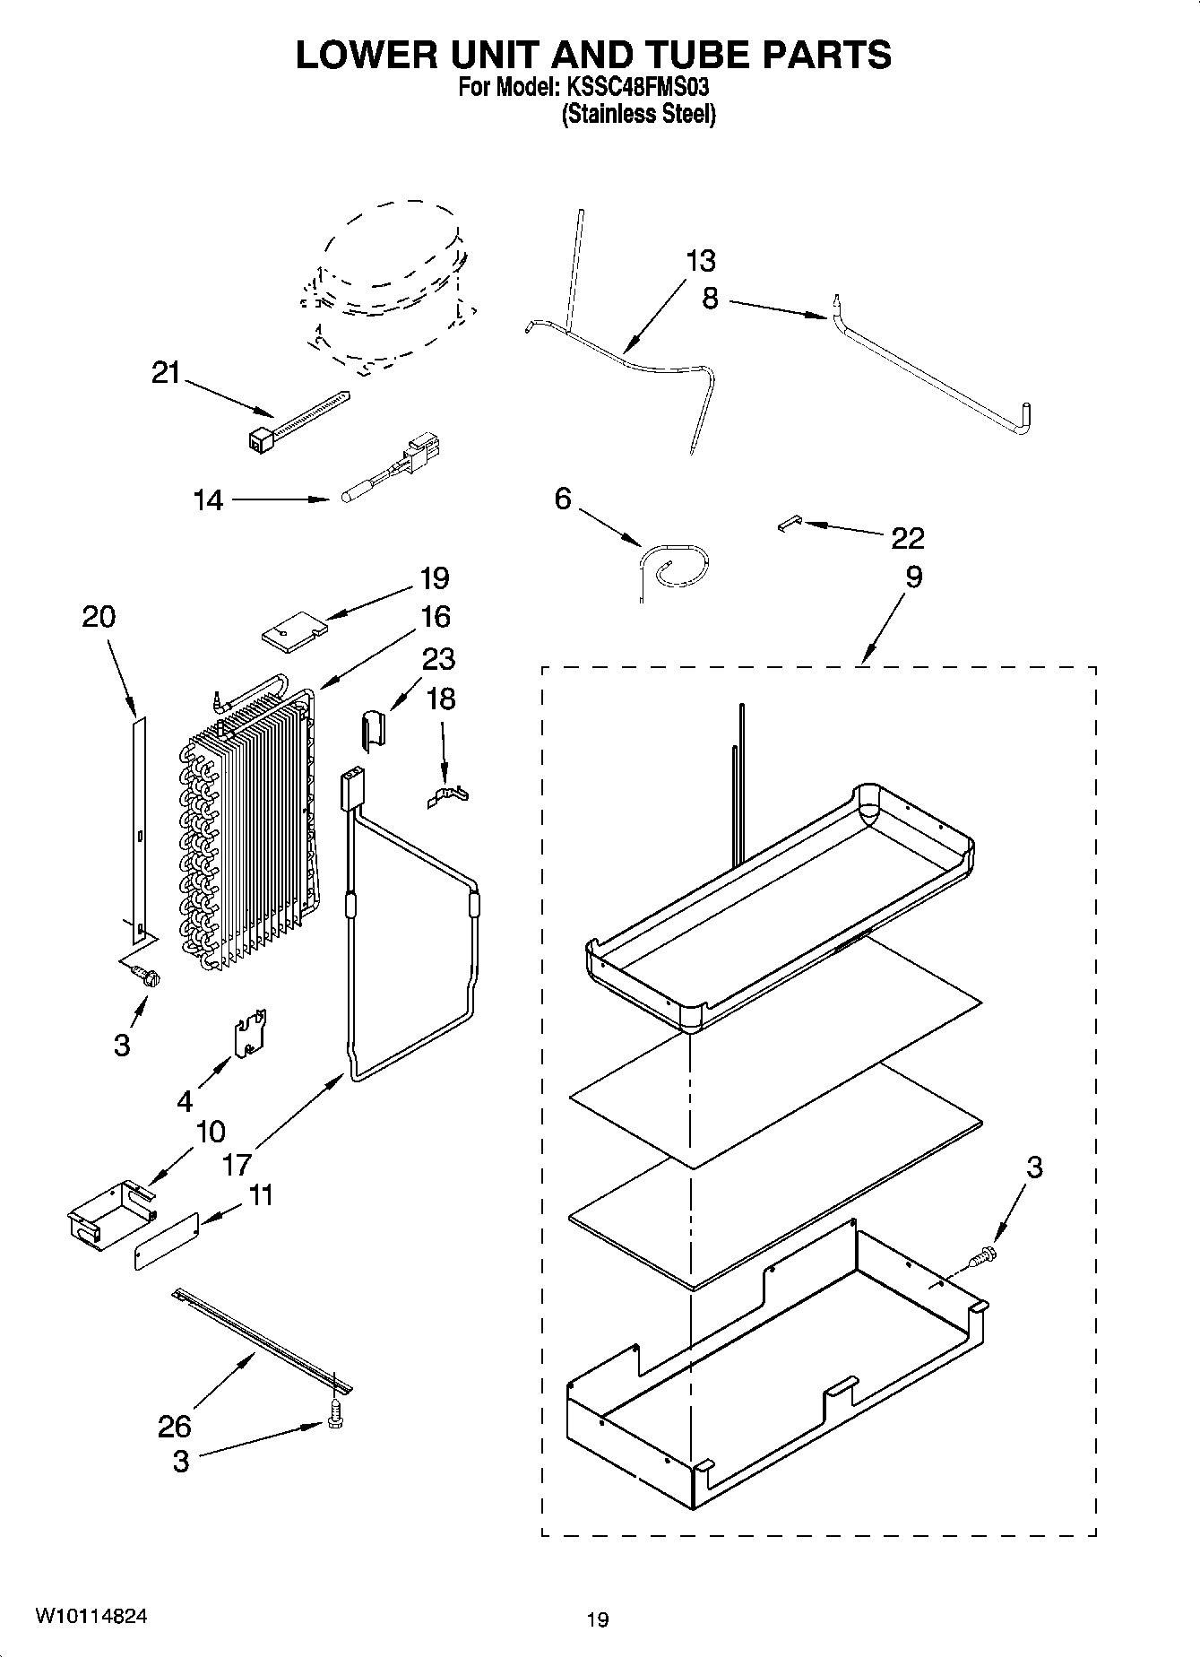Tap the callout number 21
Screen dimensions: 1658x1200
(166, 372)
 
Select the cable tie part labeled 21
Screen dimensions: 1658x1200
(296, 417)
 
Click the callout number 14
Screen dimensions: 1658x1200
(208, 499)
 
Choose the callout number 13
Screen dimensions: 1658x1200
(701, 261)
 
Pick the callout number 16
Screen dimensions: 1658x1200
(435, 617)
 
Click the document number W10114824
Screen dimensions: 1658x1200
(91, 1616)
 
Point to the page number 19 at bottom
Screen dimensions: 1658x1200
(598, 1619)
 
